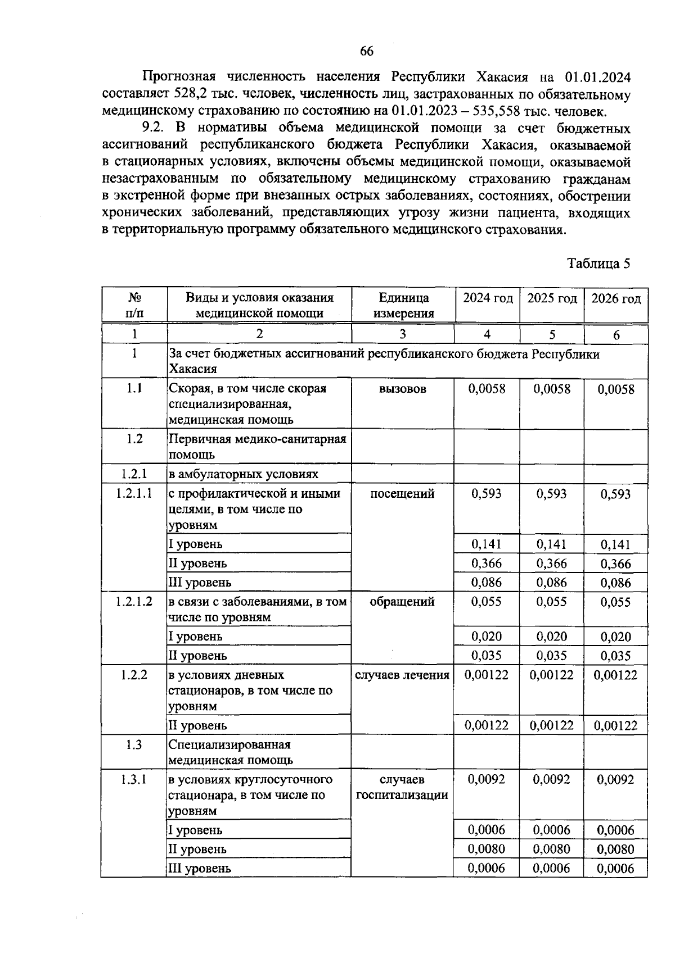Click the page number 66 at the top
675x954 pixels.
pos(366,51)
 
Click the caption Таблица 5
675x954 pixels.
pos(598,264)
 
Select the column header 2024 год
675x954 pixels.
pos(487,298)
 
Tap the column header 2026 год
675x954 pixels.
pos(616,298)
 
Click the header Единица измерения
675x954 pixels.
pos(403,306)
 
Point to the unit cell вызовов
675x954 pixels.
pos(403,389)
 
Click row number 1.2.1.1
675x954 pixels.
pos(134,494)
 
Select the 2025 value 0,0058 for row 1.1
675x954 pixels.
pos(552,389)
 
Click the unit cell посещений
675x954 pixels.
pos(403,494)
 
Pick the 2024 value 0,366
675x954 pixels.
pos(487,563)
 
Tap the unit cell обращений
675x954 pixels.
pos(403,602)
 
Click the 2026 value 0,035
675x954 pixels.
pos(615,656)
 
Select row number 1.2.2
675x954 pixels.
pos(134,675)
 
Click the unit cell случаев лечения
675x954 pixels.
pos(403,675)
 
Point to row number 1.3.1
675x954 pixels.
pos(134,779)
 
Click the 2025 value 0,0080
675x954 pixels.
pos(551,849)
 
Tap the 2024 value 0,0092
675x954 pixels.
pos(487,779)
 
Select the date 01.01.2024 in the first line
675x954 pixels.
pos(597,77)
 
